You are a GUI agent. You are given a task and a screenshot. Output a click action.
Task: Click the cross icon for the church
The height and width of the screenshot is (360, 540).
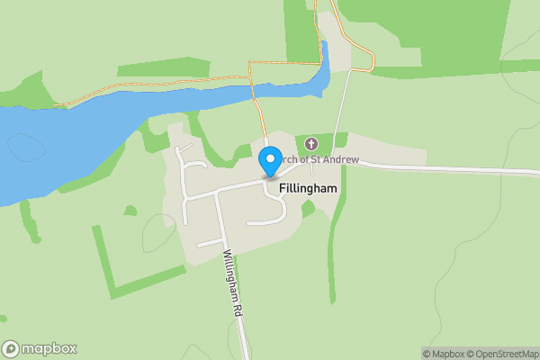[x=311, y=144]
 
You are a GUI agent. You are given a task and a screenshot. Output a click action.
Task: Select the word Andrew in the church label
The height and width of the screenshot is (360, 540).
[x=341, y=159]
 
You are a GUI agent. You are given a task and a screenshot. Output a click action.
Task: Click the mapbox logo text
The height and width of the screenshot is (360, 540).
[x=49, y=349]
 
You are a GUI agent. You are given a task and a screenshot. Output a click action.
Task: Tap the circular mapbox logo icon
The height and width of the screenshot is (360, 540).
[x=11, y=349]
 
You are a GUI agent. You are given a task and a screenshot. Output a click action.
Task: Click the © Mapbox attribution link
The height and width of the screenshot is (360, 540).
[x=444, y=354]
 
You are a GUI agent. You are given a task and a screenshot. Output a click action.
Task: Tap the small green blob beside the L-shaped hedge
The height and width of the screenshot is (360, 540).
[x=130, y=211]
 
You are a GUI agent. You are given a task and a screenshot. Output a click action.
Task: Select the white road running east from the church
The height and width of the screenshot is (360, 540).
[x=432, y=167]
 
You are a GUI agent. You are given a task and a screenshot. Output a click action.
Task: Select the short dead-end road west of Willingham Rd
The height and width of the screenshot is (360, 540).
[x=209, y=242]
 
